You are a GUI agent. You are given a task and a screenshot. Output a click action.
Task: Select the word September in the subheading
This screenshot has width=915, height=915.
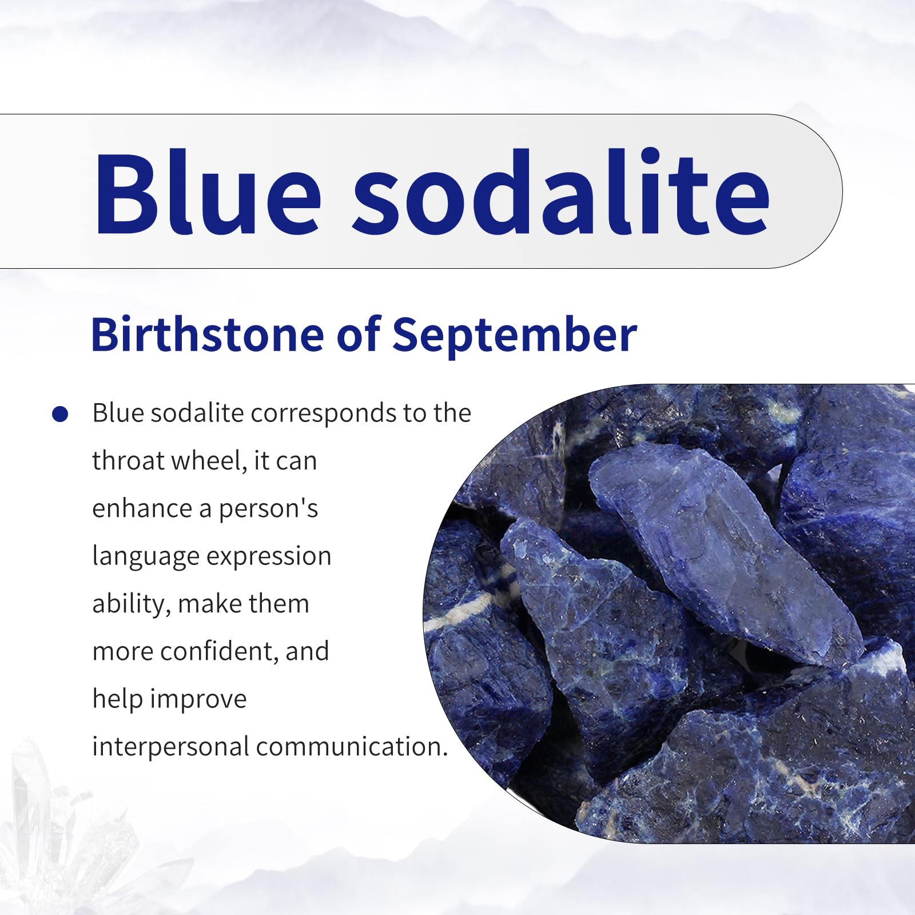click(x=514, y=336)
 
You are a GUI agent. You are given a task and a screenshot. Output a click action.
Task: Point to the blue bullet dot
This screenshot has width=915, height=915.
click(x=60, y=414)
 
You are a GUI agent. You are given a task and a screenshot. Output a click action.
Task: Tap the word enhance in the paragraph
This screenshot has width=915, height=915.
click(x=142, y=508)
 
